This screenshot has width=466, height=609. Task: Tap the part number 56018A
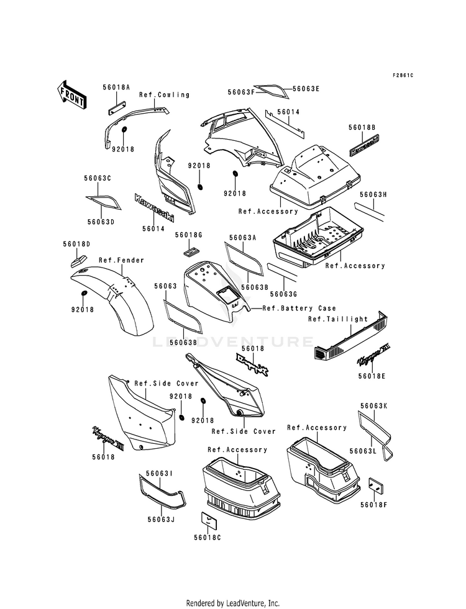pos(116,88)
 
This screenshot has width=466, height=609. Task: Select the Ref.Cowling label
pos(165,95)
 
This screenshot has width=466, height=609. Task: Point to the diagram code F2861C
pos(403,75)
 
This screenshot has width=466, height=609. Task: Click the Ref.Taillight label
pos(338,319)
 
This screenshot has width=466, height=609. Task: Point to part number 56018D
pos(76,244)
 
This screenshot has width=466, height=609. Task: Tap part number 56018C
pos(207,537)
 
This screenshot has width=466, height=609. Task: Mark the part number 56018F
pos(377,505)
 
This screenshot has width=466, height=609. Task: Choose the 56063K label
pos(373,406)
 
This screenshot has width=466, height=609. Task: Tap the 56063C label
pos(98,178)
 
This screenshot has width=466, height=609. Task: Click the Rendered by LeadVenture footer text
pos(233,603)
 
